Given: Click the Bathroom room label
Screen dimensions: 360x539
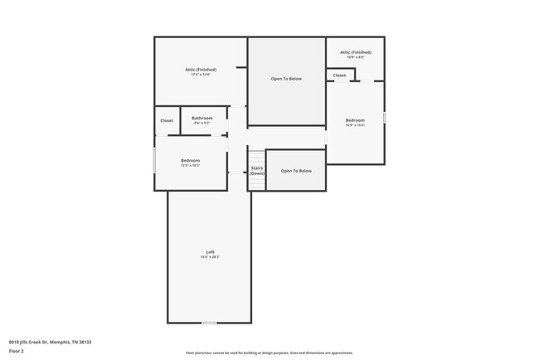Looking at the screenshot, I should pyautogui.click(x=202, y=118).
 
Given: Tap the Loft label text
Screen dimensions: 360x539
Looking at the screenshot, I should pyautogui.click(x=210, y=252).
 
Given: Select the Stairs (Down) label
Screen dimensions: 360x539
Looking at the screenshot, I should pyautogui.click(x=257, y=170).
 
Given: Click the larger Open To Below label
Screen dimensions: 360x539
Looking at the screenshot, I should pyautogui.click(x=286, y=79).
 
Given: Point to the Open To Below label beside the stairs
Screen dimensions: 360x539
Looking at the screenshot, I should pyautogui.click(x=296, y=171).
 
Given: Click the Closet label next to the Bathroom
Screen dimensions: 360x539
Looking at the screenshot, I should pyautogui.click(x=167, y=121).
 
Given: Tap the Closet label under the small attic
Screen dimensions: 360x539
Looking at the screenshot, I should pyautogui.click(x=340, y=75).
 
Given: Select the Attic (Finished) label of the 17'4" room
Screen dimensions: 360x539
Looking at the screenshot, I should pyautogui.click(x=201, y=70).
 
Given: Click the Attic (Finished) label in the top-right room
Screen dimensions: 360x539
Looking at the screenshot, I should pyautogui.click(x=355, y=52).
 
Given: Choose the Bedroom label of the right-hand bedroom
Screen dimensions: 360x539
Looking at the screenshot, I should pyautogui.click(x=355, y=120).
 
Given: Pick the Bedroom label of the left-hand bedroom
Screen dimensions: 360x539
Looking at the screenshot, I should pyautogui.click(x=191, y=160).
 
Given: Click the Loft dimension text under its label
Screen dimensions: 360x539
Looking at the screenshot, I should pyautogui.click(x=210, y=257).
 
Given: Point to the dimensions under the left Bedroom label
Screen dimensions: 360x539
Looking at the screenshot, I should pyautogui.click(x=191, y=166).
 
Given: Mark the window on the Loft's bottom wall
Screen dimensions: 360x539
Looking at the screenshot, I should pyautogui.click(x=210, y=323).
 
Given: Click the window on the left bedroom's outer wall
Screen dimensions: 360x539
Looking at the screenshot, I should pyautogui.click(x=154, y=160).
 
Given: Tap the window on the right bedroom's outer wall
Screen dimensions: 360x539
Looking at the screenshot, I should pyautogui.click(x=385, y=117).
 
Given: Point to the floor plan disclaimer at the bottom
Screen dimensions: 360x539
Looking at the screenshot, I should pyautogui.click(x=269, y=353).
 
